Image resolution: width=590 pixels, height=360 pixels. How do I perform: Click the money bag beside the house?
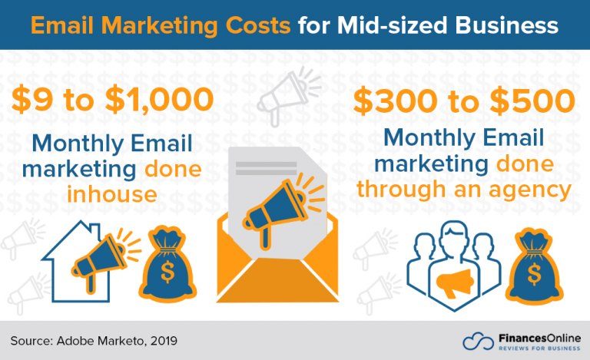point(167,263)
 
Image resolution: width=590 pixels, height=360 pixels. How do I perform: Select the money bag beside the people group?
point(537,265)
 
